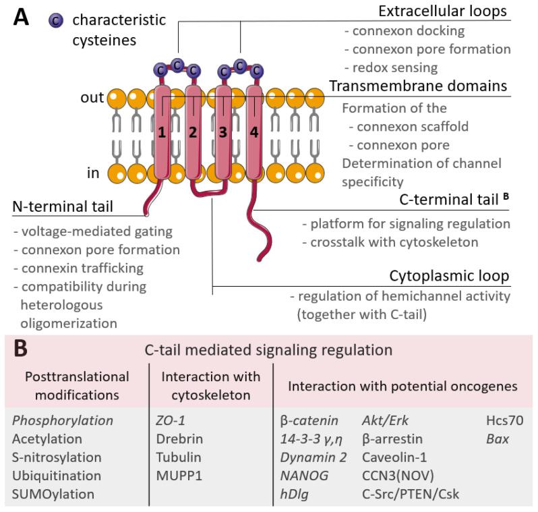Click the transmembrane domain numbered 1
coord(162,133)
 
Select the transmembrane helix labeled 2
coord(193,133)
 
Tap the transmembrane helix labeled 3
coord(223,133)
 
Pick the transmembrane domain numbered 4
coord(253,133)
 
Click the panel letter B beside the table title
coord(20,349)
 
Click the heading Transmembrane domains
coord(418,86)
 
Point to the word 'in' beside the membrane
coord(92,173)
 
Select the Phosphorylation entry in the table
coord(62,420)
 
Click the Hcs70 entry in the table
coord(500,420)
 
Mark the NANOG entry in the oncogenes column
coord(304,476)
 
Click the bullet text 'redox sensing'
coord(391,67)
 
